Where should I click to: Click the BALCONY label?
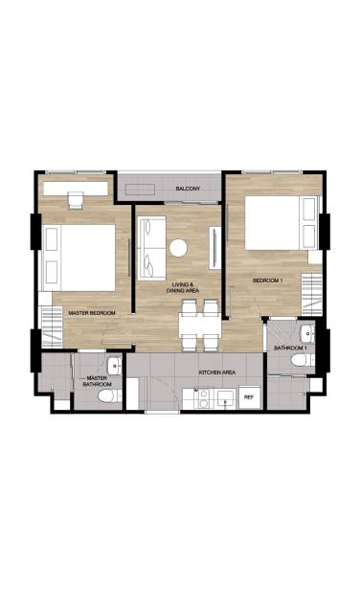[188, 191]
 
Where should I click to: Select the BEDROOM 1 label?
[268, 281]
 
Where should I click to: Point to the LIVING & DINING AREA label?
[183, 288]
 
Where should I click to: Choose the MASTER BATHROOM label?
[97, 381]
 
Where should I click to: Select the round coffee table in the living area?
[178, 248]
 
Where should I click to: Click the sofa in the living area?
[149, 246]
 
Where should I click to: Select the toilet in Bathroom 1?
[301, 360]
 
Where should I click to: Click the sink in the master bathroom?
[114, 364]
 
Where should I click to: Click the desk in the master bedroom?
[76, 197]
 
